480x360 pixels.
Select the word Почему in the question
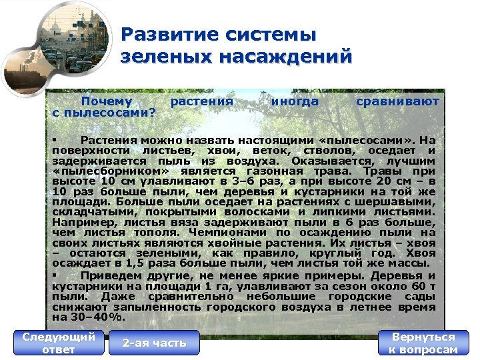tap(107, 101)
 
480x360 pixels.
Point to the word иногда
tap(295, 101)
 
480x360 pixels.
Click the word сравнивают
tap(397, 101)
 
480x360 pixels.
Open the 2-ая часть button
tap(154, 343)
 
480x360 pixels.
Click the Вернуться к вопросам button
tap(423, 343)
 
